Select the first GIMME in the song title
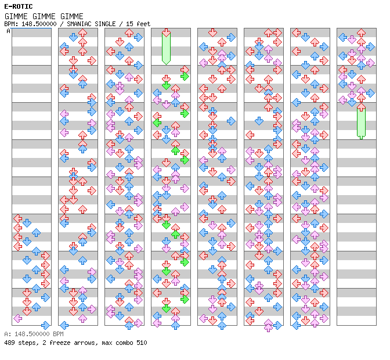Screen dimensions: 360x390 click(x=16, y=16)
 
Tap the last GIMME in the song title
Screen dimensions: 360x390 click(x=72, y=16)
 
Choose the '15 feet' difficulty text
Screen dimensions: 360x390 click(x=138, y=24)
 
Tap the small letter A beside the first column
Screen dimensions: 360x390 click(x=8, y=31)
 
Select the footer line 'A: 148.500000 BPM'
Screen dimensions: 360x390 click(x=32, y=334)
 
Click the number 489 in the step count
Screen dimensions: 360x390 click(x=9, y=343)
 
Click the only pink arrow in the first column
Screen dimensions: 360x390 click(x=17, y=318)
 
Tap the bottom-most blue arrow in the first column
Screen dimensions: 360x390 click(x=45, y=325)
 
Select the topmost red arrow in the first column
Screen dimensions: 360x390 click(x=17, y=218)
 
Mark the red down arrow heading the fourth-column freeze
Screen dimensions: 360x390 click(x=166, y=33)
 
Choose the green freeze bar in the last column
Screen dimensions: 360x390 click(x=361, y=123)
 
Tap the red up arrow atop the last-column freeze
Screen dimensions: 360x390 click(x=361, y=107)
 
